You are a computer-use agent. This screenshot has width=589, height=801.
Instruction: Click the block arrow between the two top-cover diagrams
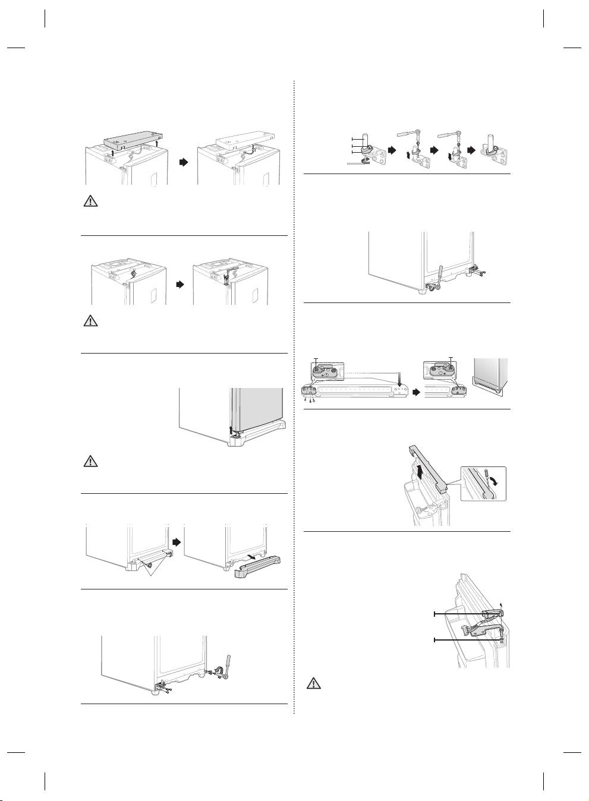tap(184, 162)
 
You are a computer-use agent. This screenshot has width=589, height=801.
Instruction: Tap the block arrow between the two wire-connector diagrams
tap(180, 285)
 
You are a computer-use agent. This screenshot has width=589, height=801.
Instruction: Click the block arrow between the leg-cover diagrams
tap(177, 541)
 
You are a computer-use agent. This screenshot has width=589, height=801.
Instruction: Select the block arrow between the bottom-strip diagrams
tap(417, 392)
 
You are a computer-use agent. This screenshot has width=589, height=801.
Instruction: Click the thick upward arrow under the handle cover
tap(420, 473)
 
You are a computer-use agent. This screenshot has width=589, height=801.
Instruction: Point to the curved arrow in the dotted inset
tap(497, 479)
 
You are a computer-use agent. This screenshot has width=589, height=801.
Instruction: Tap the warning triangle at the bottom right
tap(314, 683)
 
